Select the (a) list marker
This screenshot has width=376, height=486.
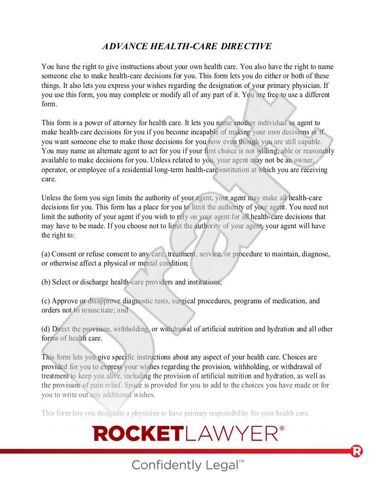46,254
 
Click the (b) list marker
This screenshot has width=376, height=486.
46,282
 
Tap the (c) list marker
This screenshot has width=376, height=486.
46,301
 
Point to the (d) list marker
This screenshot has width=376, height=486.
46,329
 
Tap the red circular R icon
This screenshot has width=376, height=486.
356,451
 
